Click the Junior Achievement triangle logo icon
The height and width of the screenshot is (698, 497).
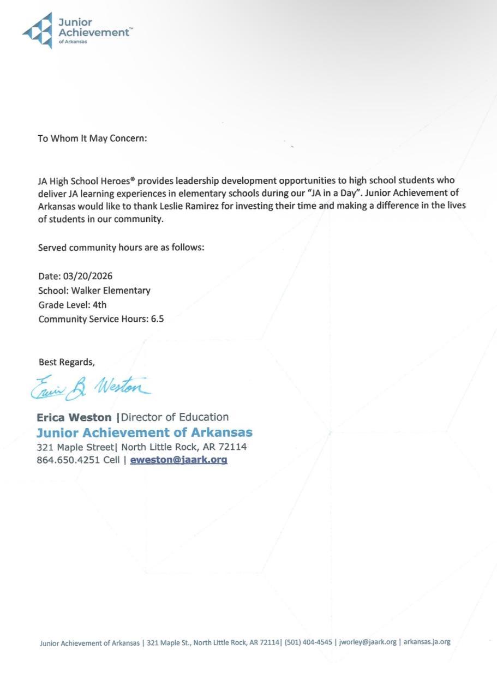point(38,31)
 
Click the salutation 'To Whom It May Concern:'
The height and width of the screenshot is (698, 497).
point(92,138)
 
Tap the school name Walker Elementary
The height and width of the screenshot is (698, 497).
point(111,290)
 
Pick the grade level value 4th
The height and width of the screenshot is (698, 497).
point(100,304)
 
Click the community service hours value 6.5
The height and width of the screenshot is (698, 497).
point(157,319)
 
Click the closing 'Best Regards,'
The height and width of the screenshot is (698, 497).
point(67,362)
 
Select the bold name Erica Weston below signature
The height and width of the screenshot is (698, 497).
point(74,417)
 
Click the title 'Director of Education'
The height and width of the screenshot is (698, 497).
point(175,417)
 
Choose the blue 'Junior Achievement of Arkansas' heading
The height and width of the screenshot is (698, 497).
point(145,432)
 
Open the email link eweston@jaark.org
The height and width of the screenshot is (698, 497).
point(178,460)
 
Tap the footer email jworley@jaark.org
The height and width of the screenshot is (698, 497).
point(368,642)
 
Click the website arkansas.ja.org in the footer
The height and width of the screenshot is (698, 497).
point(427,642)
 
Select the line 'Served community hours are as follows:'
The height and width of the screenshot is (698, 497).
point(121,248)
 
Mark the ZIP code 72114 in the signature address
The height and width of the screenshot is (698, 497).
point(232,447)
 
